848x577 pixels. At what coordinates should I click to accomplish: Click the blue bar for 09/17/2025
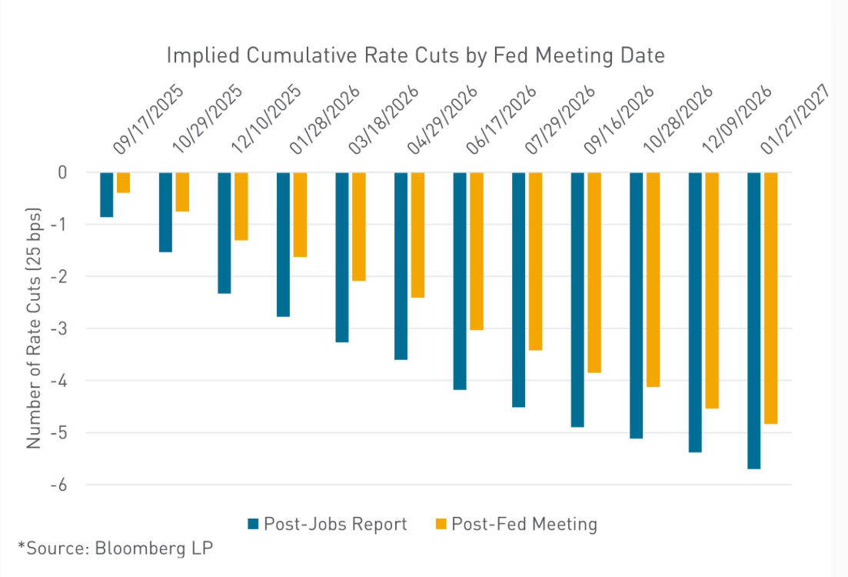[x=107, y=195]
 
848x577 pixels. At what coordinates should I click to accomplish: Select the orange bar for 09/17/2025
[x=123, y=182]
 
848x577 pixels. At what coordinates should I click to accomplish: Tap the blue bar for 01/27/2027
[x=754, y=320]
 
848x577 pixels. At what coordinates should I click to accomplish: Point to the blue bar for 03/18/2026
[x=342, y=257]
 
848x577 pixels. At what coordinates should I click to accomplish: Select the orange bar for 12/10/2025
[x=241, y=206]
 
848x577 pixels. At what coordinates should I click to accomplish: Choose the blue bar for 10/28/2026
[x=637, y=305]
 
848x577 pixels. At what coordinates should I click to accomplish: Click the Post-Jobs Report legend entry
[x=327, y=525]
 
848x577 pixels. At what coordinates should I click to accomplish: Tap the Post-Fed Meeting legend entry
[x=516, y=525]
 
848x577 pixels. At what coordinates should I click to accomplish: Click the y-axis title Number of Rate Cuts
[x=34, y=329]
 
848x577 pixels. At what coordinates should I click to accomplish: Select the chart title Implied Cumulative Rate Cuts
[x=415, y=55]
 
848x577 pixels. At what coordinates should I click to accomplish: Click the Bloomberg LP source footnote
[x=115, y=548]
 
